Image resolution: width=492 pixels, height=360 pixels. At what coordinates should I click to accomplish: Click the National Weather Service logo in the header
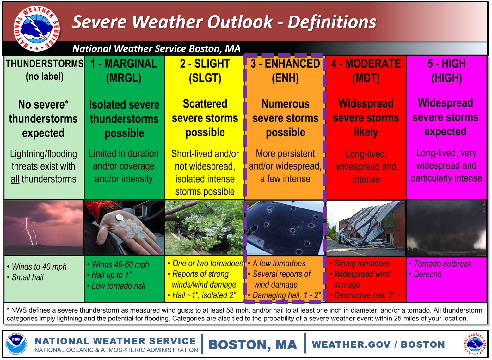pyautogui.click(x=36, y=28)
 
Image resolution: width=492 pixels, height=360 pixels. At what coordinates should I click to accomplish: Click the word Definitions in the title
pyautogui.click(x=332, y=22)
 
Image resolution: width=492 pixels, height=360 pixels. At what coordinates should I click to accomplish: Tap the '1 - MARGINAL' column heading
pyautogui.click(x=124, y=64)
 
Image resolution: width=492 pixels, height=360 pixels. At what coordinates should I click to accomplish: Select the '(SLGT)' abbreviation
pyautogui.click(x=205, y=78)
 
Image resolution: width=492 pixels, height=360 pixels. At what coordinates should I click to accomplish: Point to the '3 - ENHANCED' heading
pyautogui.click(x=285, y=64)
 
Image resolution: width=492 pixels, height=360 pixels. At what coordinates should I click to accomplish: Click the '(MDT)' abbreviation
pyautogui.click(x=366, y=78)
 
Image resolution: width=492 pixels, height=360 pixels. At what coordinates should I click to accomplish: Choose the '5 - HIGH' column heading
pyautogui.click(x=446, y=64)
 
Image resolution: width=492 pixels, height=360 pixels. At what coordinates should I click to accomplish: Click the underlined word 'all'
pyautogui.click(x=15, y=179)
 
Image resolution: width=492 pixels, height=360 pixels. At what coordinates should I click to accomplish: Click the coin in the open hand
pyautogui.click(x=119, y=218)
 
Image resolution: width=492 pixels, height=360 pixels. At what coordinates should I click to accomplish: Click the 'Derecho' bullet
pyautogui.click(x=426, y=275)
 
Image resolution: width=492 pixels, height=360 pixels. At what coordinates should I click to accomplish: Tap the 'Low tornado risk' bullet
pyautogui.click(x=116, y=286)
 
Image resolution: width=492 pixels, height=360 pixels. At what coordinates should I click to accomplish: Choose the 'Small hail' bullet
pyautogui.click(x=26, y=277)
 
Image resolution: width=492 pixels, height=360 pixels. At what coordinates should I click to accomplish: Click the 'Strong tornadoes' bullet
pyautogui.click(x=360, y=264)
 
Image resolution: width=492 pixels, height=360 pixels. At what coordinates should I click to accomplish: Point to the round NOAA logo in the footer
pyautogui.click(x=16, y=344)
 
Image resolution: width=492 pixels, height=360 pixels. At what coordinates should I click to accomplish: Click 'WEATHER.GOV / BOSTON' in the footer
pyautogui.click(x=378, y=344)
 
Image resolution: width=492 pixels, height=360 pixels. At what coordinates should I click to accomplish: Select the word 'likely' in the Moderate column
pyautogui.click(x=366, y=132)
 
